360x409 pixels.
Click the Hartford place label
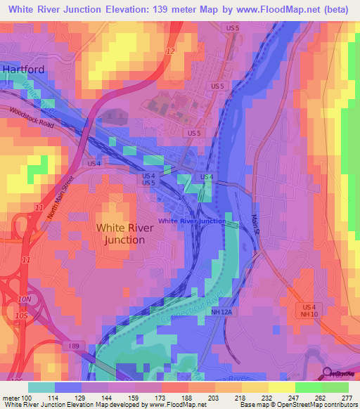click(23, 70)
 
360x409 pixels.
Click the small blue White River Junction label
click(192, 221)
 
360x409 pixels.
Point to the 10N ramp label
click(25, 300)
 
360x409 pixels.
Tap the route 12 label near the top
click(170, 51)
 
